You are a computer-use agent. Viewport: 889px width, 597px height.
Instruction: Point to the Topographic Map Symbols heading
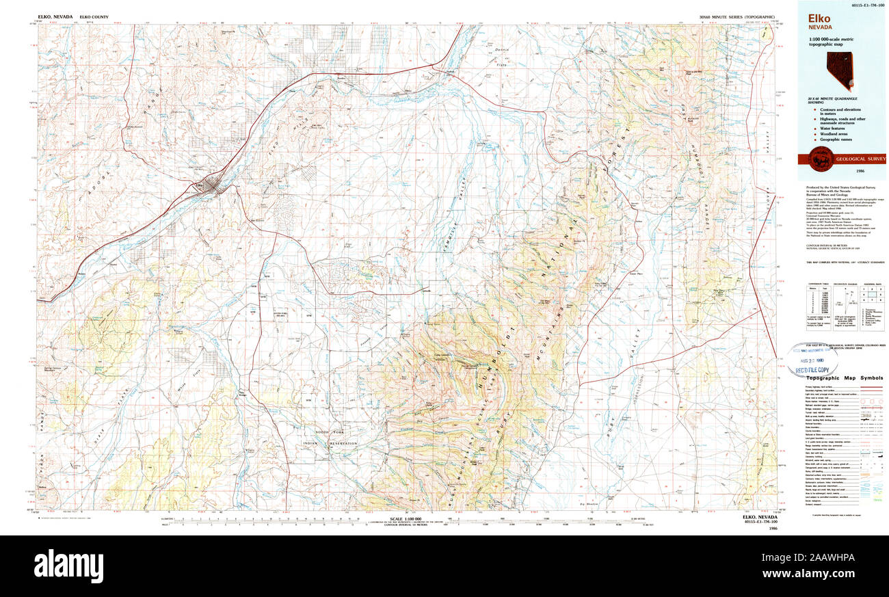(844, 378)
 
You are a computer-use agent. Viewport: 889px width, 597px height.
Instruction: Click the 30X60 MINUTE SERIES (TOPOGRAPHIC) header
(737, 16)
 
